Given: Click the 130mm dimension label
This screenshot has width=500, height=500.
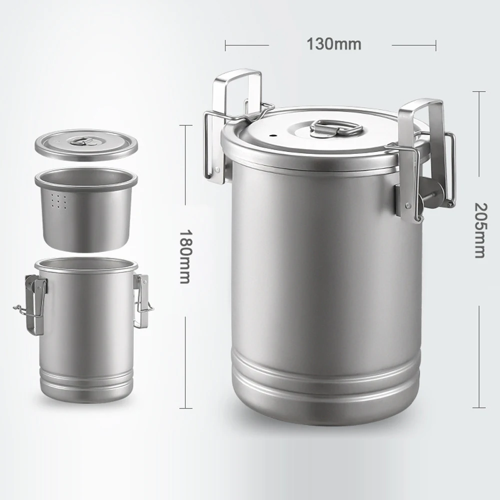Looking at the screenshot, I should pyautogui.click(x=333, y=44).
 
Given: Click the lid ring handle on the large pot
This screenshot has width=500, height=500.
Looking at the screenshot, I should pyautogui.click(x=335, y=127).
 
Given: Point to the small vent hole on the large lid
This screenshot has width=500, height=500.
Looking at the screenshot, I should pyautogui.click(x=273, y=135).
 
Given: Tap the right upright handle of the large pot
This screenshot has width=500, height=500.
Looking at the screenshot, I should pyautogui.click(x=423, y=120).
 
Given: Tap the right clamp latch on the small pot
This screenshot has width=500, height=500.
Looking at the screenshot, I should pyautogui.click(x=141, y=295).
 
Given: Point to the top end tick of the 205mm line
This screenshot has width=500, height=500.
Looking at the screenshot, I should pyautogui.click(x=479, y=91).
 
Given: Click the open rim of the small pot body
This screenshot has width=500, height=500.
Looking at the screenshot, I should pyautogui.click(x=86, y=265).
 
